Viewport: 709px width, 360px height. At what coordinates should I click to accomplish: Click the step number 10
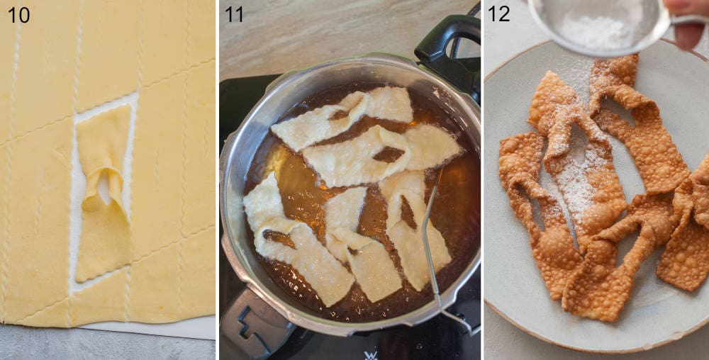tap(18, 14)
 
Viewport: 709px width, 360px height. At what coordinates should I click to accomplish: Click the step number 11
tap(234, 14)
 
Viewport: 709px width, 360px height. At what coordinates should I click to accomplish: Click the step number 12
tap(498, 13)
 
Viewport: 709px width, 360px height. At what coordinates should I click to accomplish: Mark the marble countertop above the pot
tap(319, 35)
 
